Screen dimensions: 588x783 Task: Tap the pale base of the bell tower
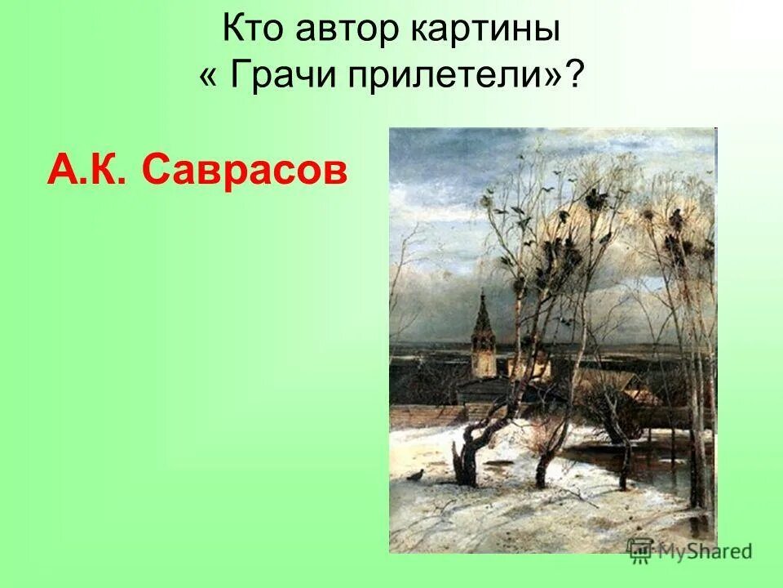click(484, 364)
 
